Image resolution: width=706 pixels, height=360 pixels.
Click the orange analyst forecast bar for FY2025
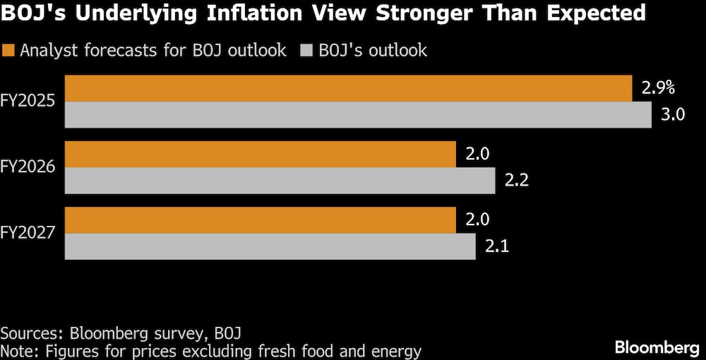click(348, 88)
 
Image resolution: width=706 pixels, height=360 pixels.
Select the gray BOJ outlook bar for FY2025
click(358, 115)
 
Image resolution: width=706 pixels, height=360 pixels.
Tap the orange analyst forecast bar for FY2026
click(261, 154)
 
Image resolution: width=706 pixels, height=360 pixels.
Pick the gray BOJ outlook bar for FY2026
click(280, 181)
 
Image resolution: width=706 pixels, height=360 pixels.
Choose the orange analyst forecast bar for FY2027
click(261, 220)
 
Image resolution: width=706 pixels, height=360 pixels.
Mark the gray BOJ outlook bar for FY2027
click(270, 246)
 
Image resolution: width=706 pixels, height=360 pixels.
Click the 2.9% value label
click(658, 88)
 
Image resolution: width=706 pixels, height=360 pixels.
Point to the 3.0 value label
click(673, 115)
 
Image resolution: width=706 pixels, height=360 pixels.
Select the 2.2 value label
click(517, 181)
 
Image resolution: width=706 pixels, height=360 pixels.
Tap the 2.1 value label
click(497, 246)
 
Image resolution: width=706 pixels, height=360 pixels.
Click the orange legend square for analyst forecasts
click(8, 50)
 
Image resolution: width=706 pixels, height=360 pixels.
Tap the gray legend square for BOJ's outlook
click(305, 50)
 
